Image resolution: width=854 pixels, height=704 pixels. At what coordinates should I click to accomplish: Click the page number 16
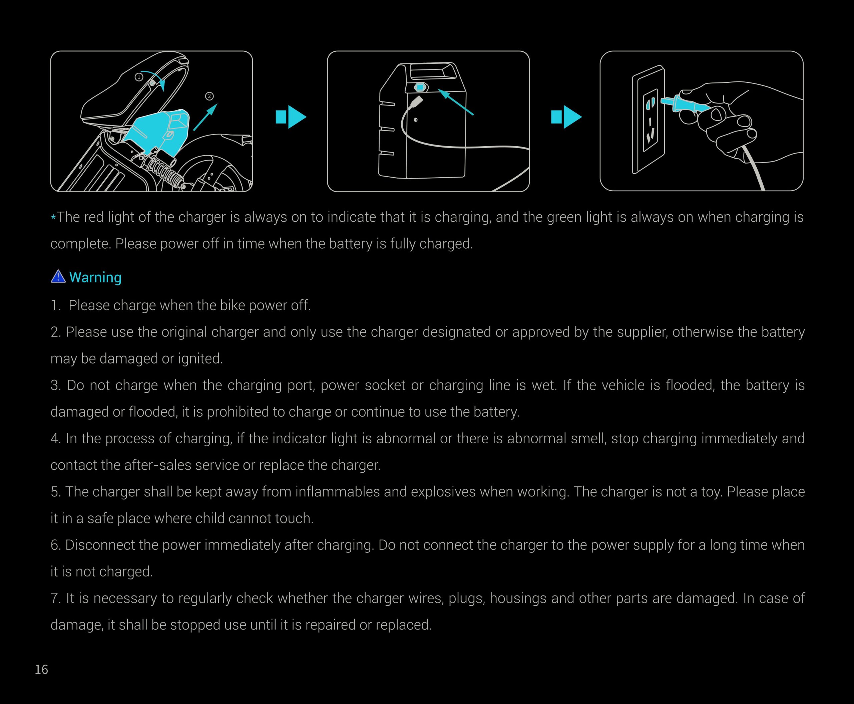click(x=41, y=670)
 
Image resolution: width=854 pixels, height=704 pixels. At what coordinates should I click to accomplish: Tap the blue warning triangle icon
click(x=58, y=277)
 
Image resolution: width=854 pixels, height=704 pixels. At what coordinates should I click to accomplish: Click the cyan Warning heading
click(x=95, y=277)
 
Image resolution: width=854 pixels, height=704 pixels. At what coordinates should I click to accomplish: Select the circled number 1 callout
click(x=139, y=77)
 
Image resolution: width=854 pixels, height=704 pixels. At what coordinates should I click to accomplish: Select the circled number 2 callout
click(x=209, y=96)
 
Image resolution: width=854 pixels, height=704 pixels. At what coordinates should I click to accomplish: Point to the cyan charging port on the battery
click(x=420, y=87)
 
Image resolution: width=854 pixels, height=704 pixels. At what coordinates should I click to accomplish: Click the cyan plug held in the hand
click(x=685, y=104)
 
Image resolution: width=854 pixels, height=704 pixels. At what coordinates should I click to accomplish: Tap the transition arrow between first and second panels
click(x=291, y=117)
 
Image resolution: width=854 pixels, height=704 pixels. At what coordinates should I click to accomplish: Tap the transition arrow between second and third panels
click(x=566, y=117)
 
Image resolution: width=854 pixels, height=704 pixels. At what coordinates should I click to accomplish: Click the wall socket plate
click(x=649, y=120)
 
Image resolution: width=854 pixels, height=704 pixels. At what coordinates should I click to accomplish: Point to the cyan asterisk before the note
click(x=53, y=218)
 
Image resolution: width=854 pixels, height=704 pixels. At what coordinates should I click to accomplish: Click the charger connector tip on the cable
click(x=416, y=101)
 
